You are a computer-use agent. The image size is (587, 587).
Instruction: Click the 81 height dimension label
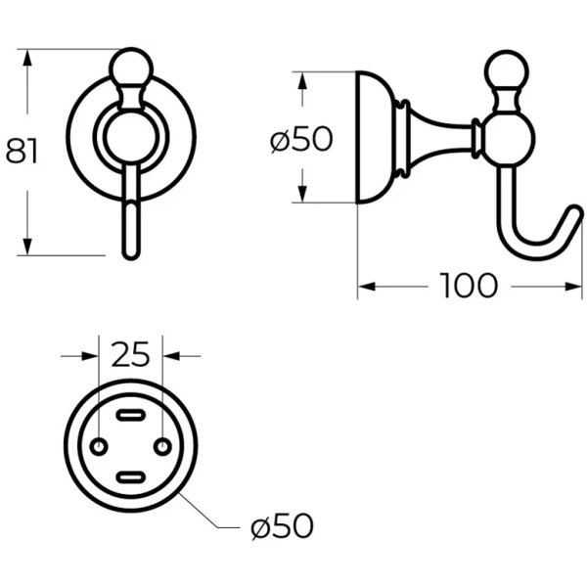(x=22, y=151)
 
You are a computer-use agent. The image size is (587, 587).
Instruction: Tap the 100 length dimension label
(x=469, y=286)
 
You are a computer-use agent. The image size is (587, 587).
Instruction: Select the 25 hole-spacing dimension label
(x=130, y=354)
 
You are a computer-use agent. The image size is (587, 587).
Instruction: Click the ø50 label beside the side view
(x=301, y=139)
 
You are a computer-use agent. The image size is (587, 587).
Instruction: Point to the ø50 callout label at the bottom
(x=282, y=526)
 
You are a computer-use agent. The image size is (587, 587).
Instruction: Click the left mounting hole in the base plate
(x=99, y=447)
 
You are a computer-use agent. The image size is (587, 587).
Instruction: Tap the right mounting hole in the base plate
(x=162, y=447)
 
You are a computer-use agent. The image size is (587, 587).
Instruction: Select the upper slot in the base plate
(x=131, y=415)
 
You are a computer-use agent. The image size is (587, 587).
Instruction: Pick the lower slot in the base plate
(x=131, y=477)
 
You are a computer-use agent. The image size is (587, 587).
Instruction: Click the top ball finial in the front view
(x=131, y=68)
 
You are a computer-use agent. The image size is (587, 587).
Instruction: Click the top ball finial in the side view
(x=506, y=71)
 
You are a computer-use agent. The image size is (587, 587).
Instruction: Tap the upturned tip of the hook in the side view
(x=575, y=212)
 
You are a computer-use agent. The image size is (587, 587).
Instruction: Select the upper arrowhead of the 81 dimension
(x=26, y=58)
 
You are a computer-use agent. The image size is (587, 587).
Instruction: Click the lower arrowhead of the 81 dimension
(x=26, y=247)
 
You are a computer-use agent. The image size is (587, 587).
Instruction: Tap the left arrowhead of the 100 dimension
(x=367, y=287)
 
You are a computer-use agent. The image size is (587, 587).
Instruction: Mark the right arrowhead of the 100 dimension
(x=573, y=287)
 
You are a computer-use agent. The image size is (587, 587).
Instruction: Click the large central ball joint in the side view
(x=508, y=139)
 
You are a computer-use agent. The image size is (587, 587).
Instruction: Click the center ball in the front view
(x=131, y=137)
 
